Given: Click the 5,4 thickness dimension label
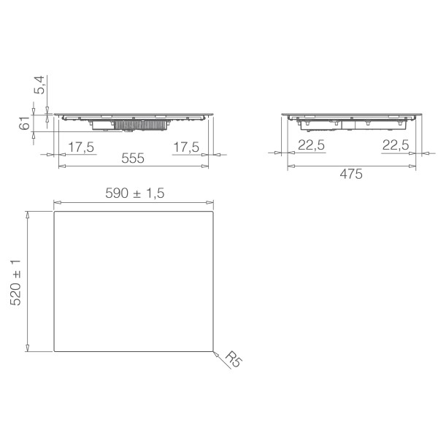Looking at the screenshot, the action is click(39, 85).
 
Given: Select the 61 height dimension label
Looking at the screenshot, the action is click(25, 123).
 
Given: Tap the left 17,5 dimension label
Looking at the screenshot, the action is click(81, 147).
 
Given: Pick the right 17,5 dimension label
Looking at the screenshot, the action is click(186, 147).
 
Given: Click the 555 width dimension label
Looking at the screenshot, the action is click(133, 158).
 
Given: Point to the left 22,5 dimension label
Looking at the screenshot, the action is click(312, 145).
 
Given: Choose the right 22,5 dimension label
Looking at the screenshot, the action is click(396, 145).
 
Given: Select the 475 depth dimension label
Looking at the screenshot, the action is click(351, 174).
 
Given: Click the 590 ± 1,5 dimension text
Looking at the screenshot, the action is click(135, 193).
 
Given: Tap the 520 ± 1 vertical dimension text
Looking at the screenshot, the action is click(15, 283).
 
